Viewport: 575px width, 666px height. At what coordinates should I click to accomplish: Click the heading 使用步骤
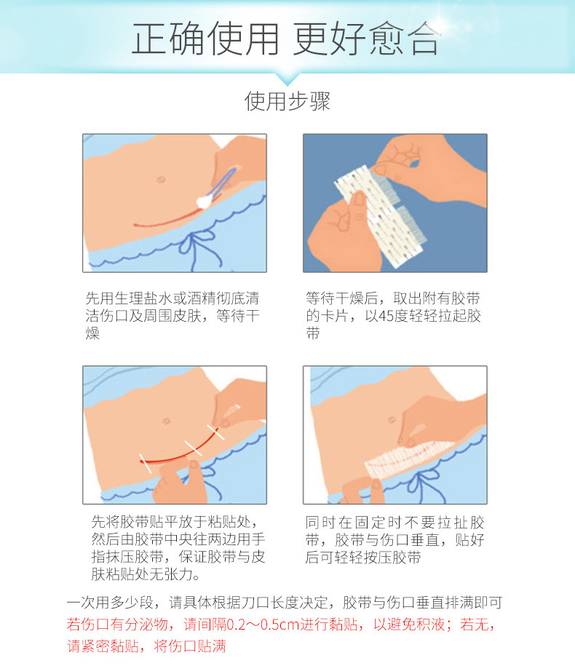click(x=287, y=101)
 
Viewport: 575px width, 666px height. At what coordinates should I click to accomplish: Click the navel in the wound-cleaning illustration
click(x=161, y=180)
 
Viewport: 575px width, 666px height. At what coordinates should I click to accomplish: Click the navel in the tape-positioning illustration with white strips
click(x=167, y=421)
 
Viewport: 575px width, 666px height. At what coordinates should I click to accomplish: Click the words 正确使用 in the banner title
click(x=205, y=39)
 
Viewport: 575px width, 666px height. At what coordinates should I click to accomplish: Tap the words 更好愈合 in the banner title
click(x=366, y=39)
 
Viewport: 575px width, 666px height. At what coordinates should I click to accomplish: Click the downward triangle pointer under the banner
click(x=287, y=79)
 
